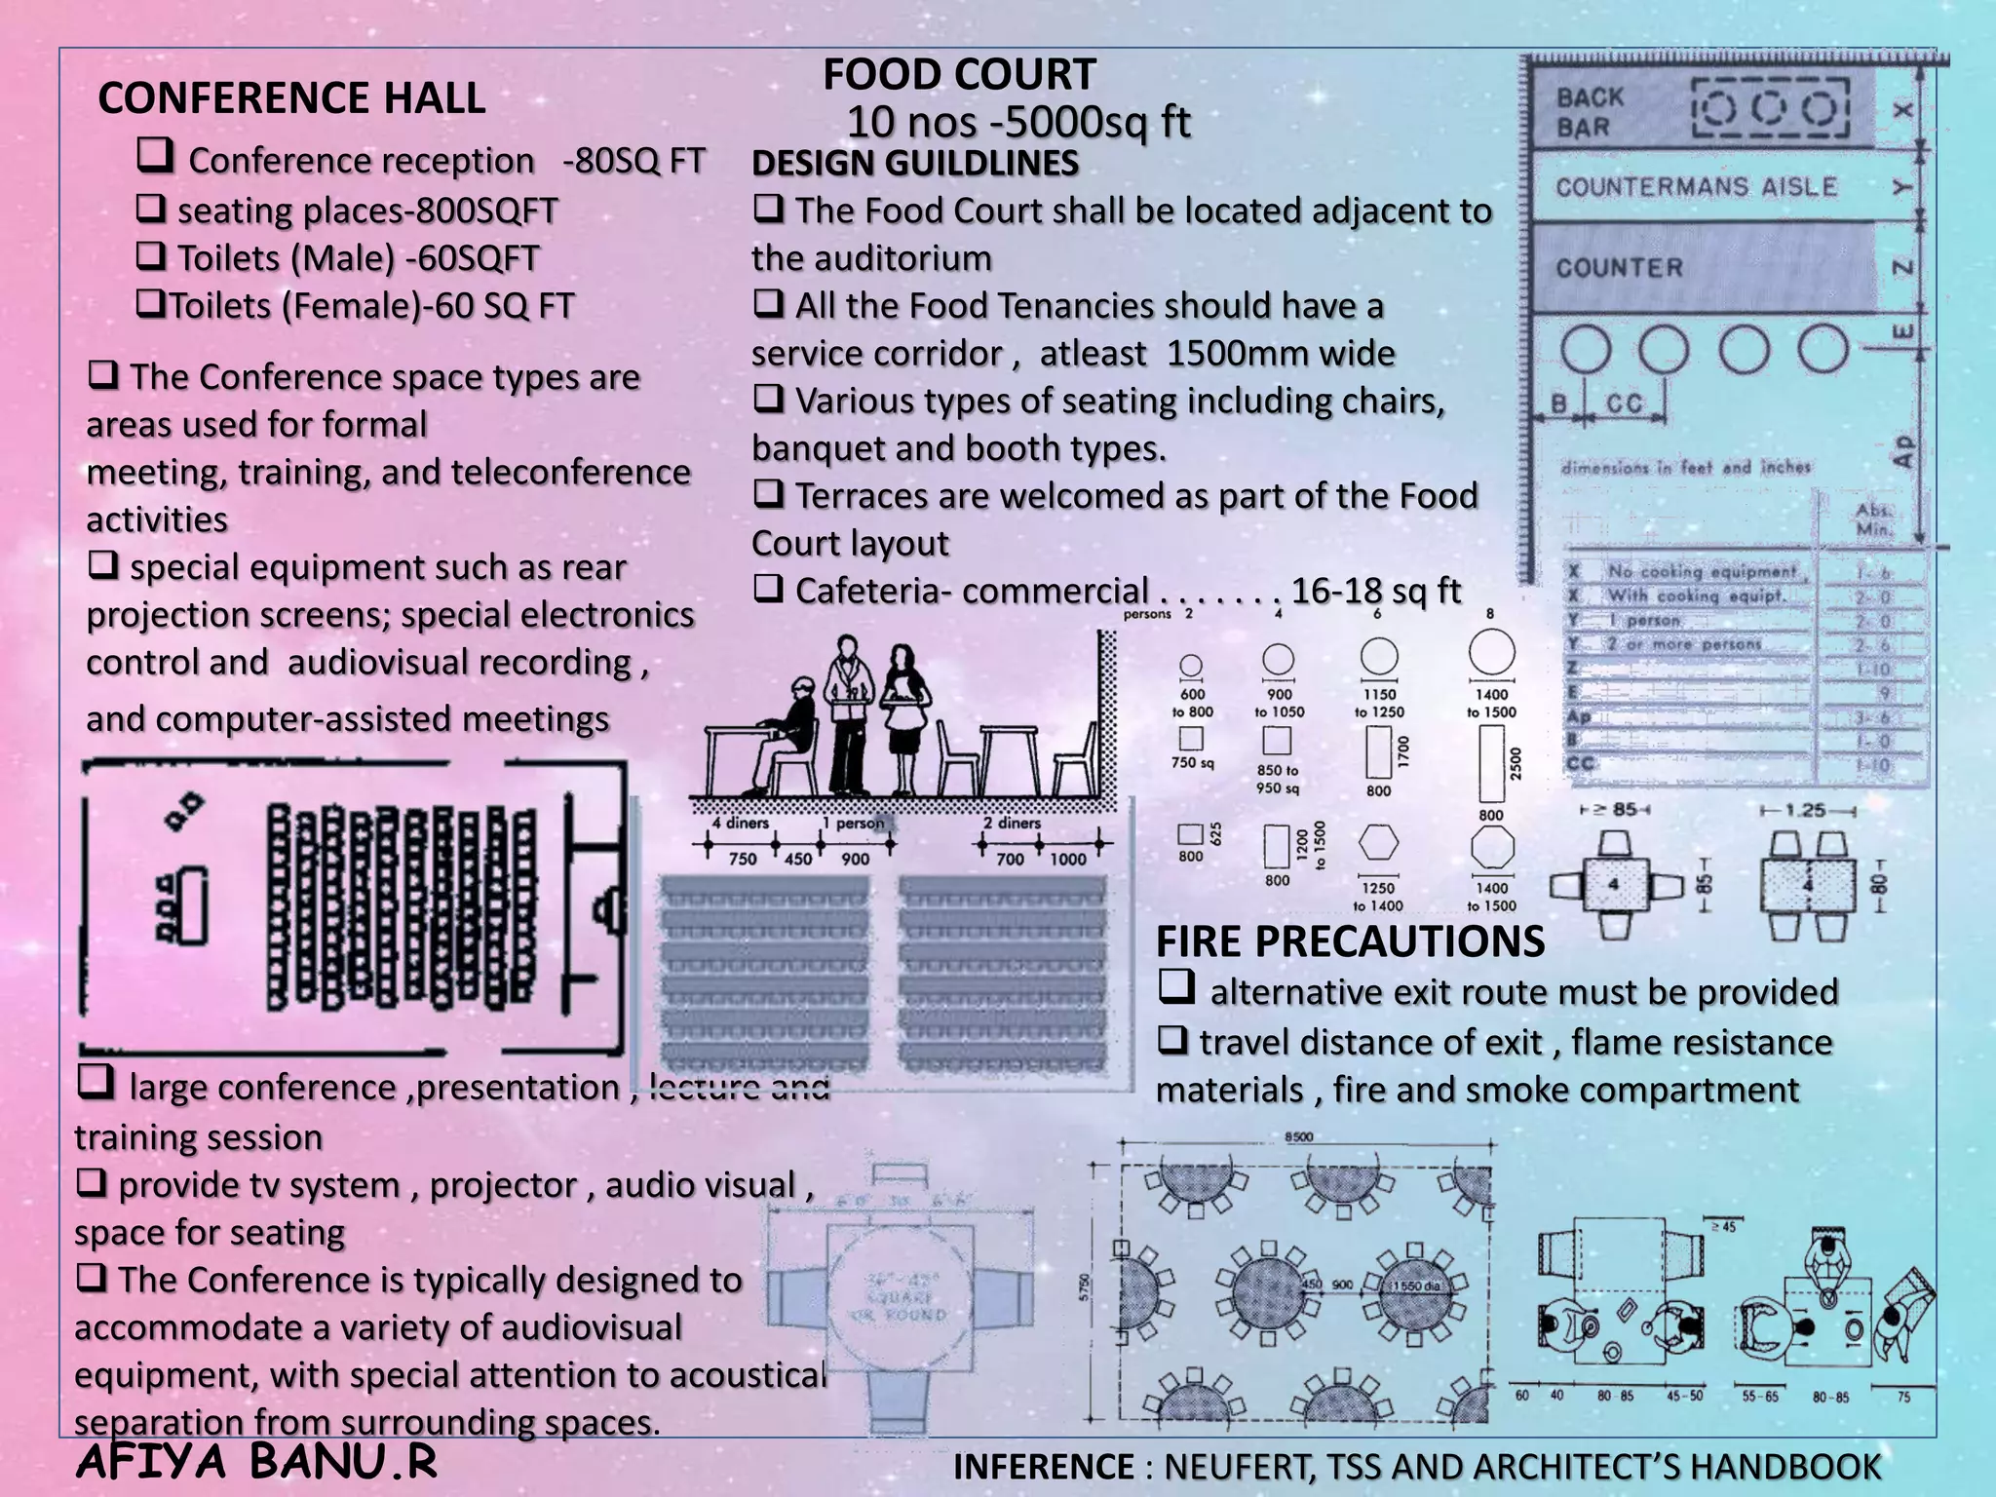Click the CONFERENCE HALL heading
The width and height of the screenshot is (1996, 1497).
291,98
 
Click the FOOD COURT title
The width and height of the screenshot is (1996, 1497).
959,75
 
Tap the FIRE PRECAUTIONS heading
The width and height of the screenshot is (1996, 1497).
1350,941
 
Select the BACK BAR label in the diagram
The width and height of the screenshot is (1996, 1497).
1590,112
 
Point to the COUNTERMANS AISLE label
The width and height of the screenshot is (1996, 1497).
1696,187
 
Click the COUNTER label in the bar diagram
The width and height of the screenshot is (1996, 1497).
1619,268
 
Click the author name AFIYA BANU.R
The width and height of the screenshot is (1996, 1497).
255,1462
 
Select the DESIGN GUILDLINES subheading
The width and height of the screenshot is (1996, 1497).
915,163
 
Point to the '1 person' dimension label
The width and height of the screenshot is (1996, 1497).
852,824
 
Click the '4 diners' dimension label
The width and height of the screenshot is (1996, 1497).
740,824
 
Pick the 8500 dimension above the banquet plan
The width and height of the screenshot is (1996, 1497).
1298,1137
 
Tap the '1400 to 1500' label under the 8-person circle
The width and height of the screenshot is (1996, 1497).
1491,703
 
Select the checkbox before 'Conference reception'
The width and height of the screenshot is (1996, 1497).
155,156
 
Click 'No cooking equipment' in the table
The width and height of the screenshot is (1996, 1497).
1701,572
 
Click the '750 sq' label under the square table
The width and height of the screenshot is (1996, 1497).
1192,763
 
